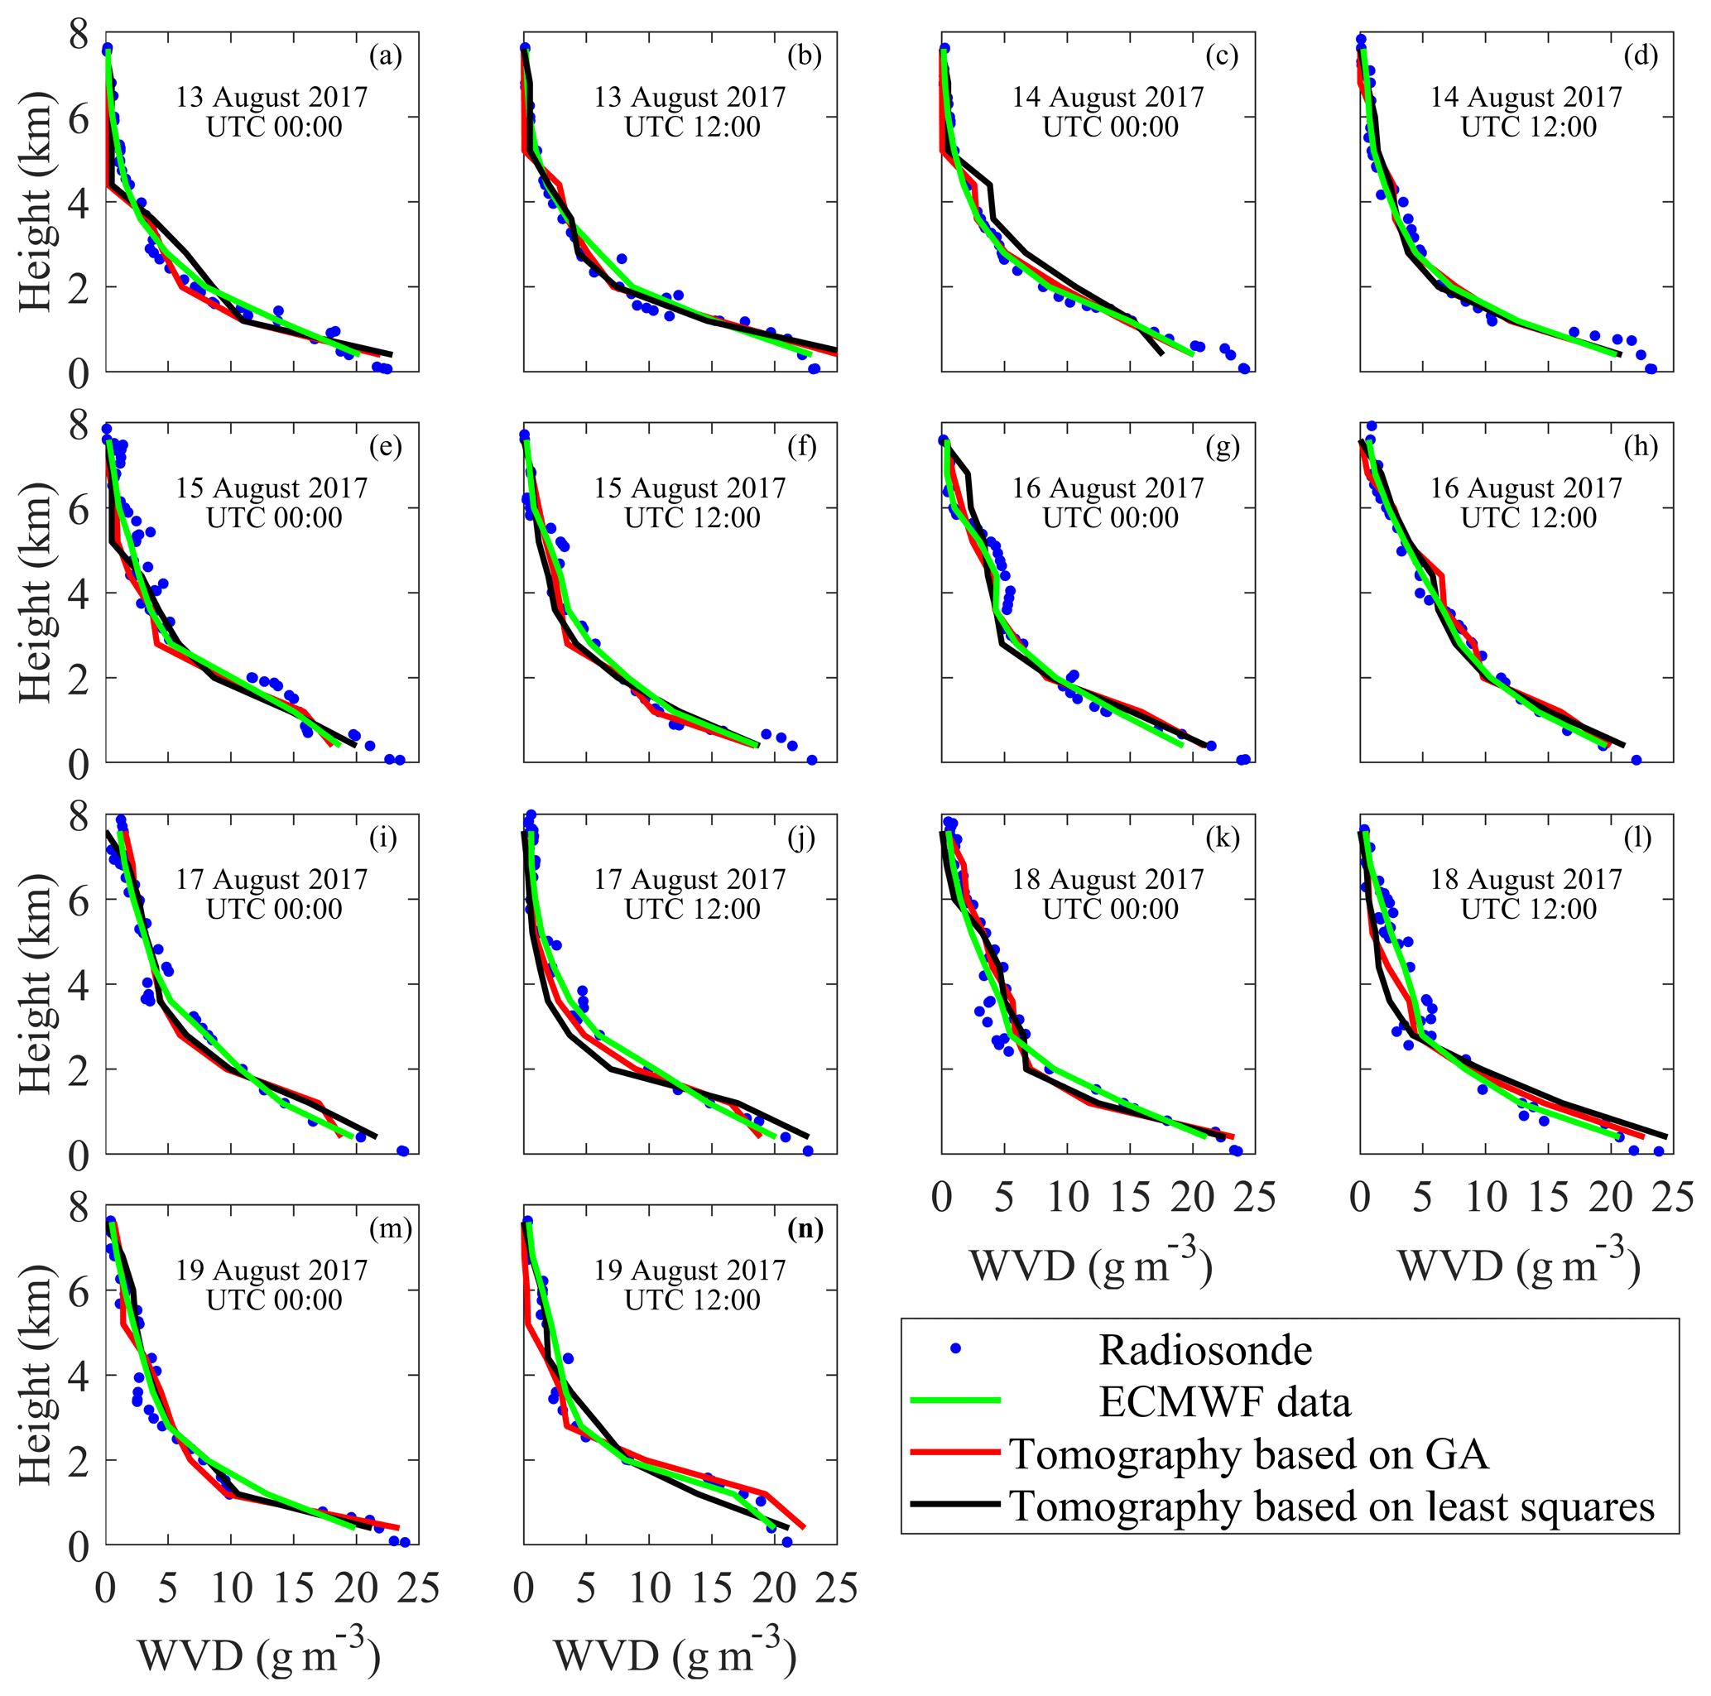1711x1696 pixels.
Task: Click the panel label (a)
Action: click(385, 56)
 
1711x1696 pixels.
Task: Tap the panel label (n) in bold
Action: click(805, 1228)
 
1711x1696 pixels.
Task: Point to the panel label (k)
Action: click(1222, 838)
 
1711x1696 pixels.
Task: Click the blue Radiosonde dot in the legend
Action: click(954, 1349)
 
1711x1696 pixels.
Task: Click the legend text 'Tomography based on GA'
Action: click(1249, 1453)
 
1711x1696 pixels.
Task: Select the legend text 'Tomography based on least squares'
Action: click(1332, 1506)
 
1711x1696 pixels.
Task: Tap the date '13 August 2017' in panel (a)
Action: click(272, 97)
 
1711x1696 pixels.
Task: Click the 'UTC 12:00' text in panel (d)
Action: click(1529, 127)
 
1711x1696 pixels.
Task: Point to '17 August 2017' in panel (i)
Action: click(272, 878)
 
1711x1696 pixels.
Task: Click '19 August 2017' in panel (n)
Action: click(690, 1270)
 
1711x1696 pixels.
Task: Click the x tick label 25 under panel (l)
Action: click(1673, 1198)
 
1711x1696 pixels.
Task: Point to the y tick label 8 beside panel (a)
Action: click(79, 36)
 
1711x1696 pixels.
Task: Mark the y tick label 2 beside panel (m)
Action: click(79, 1460)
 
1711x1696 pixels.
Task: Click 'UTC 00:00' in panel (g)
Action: click(1111, 518)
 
